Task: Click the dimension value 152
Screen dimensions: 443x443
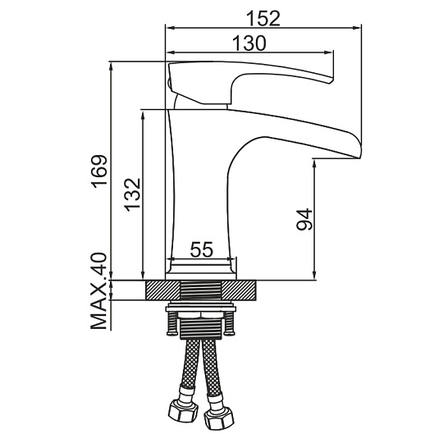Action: click(x=263, y=18)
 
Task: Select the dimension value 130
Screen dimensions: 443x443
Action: click(x=249, y=43)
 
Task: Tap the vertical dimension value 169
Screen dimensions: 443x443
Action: click(x=100, y=171)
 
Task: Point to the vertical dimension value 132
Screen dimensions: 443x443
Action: click(x=133, y=195)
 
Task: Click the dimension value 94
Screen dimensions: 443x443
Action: click(x=304, y=219)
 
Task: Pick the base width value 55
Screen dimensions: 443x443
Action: click(x=202, y=249)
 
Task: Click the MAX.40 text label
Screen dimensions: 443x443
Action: click(x=99, y=291)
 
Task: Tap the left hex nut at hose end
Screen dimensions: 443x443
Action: click(x=183, y=410)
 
